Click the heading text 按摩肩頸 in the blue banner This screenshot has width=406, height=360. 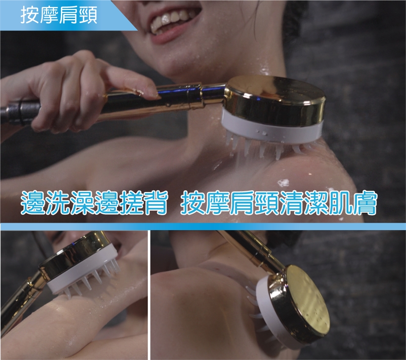(59, 14)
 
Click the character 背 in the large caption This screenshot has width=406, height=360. (155, 203)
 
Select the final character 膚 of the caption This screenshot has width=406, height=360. (364, 203)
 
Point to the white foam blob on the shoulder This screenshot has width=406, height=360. (283, 183)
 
